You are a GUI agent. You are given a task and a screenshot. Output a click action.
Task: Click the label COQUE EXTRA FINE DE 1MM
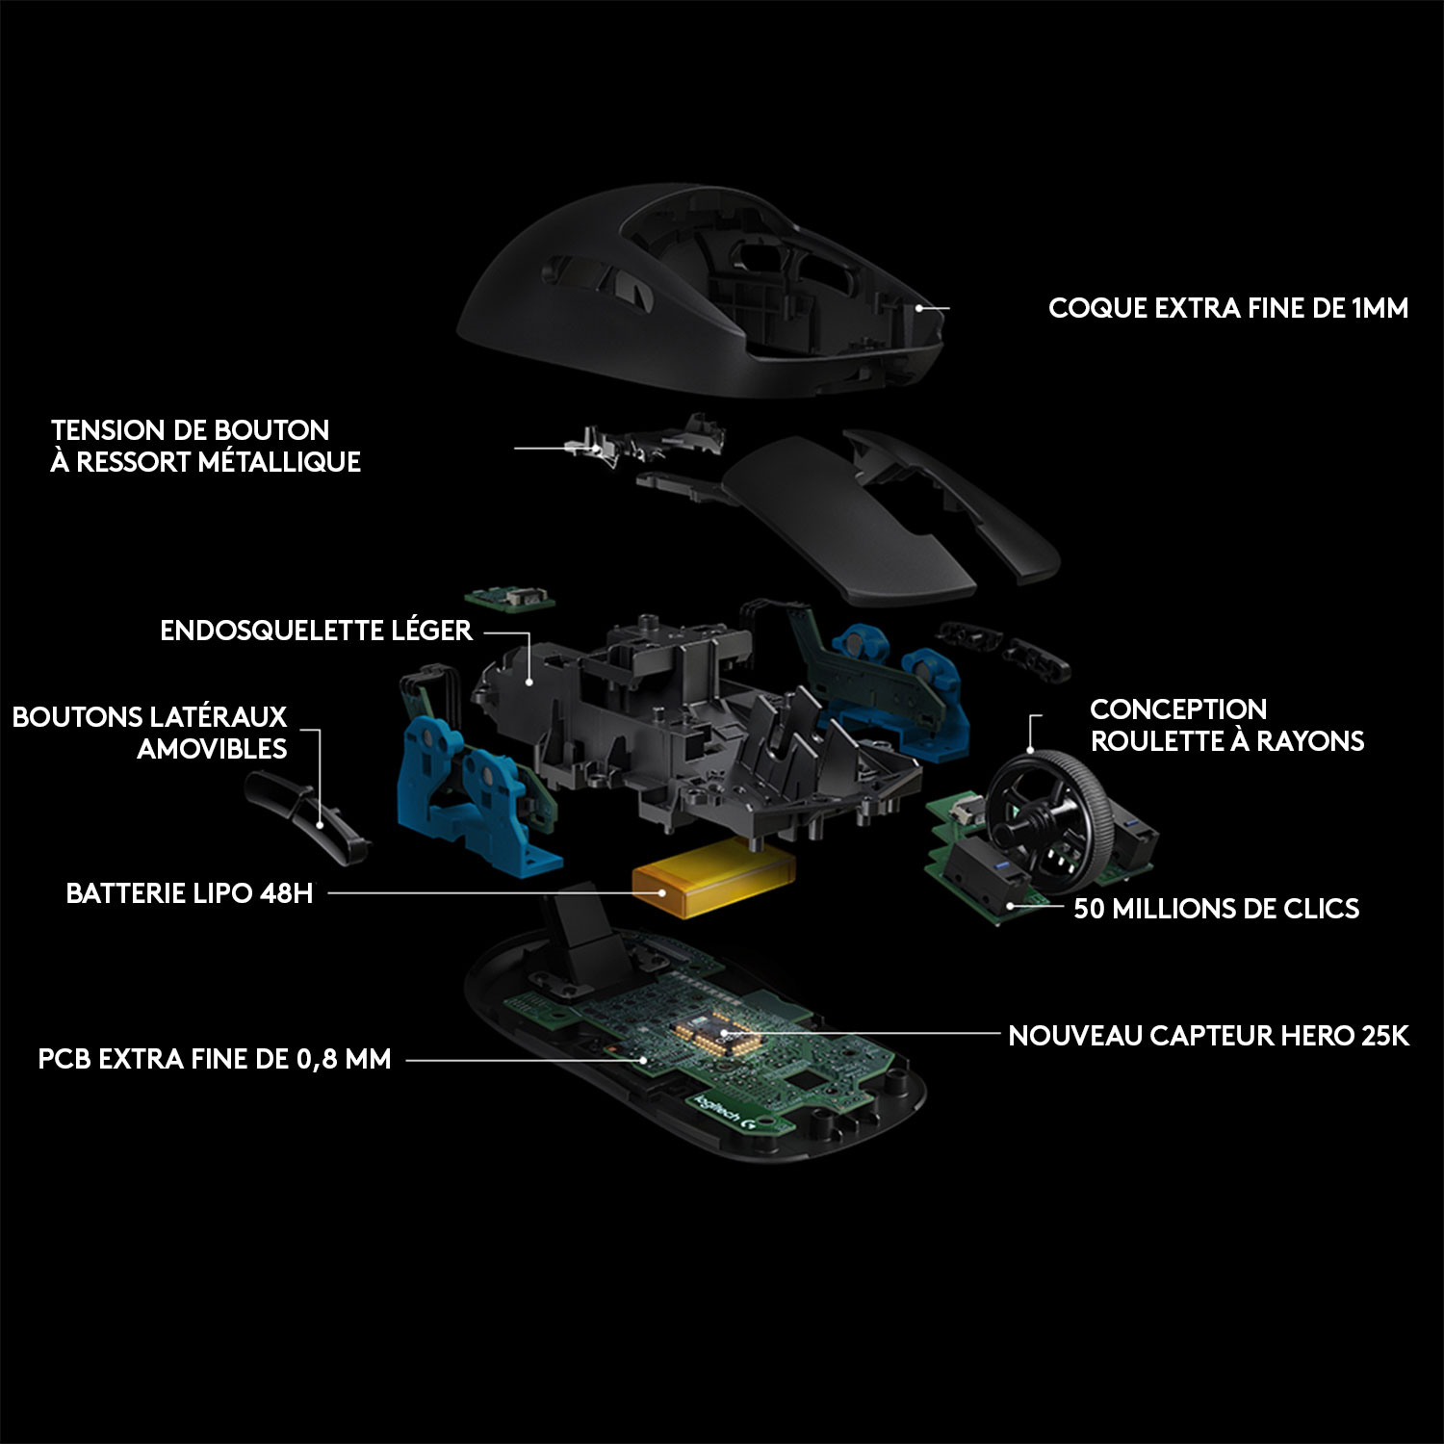1227,308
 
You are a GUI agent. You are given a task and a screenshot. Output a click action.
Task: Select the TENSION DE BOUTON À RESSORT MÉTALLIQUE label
205,446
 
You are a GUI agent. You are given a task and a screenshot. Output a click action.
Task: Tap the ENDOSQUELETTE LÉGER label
316,631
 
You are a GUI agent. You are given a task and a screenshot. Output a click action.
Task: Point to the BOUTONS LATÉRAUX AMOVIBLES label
150,733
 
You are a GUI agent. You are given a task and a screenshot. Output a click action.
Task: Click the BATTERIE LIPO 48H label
190,893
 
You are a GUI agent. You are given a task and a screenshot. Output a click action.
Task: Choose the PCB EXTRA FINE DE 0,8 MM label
215,1059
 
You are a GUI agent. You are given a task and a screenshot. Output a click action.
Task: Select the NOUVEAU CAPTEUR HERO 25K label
1208,1036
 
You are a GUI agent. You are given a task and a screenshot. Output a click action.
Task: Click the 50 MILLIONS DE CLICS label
1216,909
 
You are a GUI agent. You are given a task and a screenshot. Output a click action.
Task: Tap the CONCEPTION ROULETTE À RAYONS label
1226,725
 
